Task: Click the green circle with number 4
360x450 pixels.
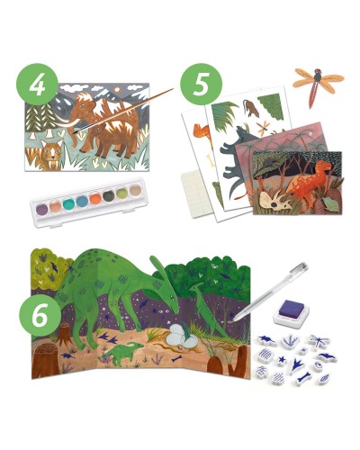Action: click(x=37, y=85)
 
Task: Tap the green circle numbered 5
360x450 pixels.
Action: click(x=201, y=85)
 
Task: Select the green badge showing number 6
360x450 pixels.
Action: click(x=40, y=316)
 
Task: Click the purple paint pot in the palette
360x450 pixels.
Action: click(x=41, y=209)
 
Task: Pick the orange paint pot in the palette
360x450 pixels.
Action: click(x=95, y=199)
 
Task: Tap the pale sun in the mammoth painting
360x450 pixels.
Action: click(x=118, y=88)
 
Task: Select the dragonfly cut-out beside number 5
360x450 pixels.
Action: click(x=318, y=82)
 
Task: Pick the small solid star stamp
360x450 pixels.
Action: click(x=282, y=359)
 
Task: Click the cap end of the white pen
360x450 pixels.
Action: click(x=304, y=266)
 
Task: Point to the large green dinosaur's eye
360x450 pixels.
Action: click(x=172, y=297)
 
